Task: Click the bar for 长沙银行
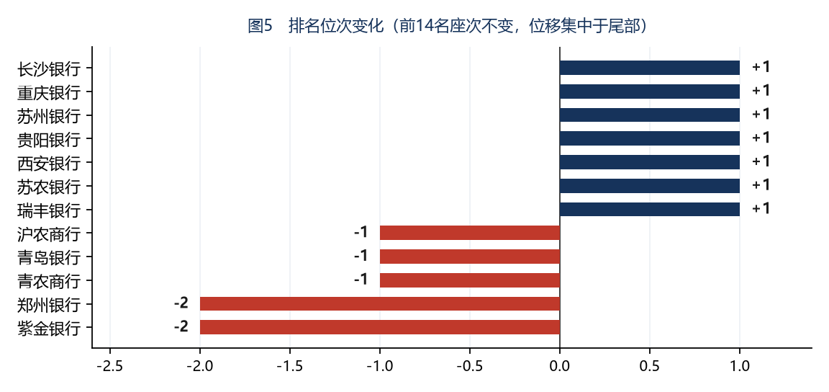[649, 68]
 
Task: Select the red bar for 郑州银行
[380, 303]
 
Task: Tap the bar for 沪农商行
[469, 233]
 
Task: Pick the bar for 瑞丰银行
[649, 209]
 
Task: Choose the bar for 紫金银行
[380, 327]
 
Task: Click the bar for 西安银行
[649, 162]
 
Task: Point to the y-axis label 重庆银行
[49, 92]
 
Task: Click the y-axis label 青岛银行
[49, 257]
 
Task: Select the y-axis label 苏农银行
[49, 187]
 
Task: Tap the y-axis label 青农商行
[49, 281]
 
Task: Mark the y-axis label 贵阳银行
[49, 139]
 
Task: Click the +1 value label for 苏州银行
[761, 115]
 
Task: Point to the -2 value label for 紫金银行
[181, 326]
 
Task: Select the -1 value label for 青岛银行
[361, 256]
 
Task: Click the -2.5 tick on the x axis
[110, 365]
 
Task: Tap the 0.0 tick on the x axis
[559, 365]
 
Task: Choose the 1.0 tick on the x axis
[740, 365]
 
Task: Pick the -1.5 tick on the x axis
[290, 365]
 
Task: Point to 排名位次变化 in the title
[335, 26]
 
